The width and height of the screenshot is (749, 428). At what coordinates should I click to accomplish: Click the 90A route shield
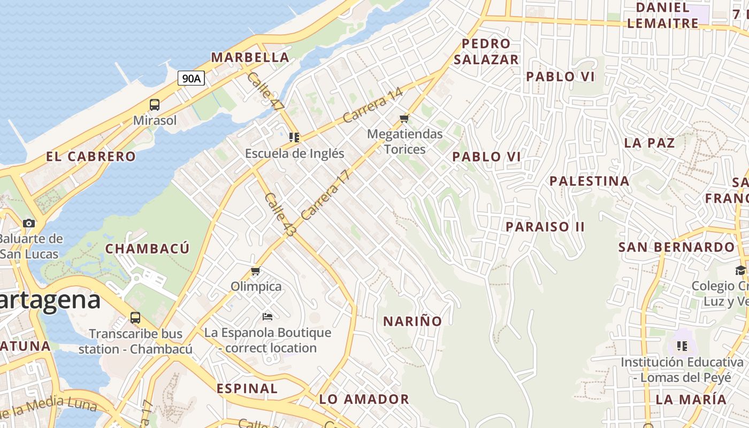[191, 79]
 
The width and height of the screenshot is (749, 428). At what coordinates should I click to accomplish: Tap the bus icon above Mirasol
[155, 105]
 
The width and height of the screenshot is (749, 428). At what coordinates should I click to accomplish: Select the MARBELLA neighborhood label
[250, 57]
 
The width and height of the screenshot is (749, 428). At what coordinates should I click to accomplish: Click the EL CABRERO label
[91, 157]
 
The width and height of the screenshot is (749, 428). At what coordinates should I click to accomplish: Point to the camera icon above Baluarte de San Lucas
[29, 223]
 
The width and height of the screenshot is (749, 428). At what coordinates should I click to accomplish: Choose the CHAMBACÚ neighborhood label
[147, 249]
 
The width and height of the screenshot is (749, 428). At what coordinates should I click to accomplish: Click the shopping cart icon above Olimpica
[256, 271]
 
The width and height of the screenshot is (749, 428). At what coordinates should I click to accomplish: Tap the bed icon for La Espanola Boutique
[267, 317]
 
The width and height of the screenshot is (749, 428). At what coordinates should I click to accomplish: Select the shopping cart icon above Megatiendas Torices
[404, 118]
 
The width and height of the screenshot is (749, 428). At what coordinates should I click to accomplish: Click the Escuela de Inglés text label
[294, 154]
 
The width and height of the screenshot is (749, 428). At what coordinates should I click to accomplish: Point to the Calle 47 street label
[265, 91]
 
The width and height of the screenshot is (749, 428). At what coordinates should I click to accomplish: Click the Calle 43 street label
[280, 215]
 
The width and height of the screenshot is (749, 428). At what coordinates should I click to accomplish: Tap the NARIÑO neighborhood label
[412, 321]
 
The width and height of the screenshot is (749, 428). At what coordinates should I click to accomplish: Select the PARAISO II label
[545, 226]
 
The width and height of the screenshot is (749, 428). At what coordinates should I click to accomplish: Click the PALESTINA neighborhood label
[590, 181]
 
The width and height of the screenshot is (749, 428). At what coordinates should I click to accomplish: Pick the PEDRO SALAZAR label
[486, 51]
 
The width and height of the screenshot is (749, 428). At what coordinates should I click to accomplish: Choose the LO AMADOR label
[364, 399]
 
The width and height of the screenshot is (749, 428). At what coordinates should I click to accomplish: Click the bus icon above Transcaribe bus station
[135, 318]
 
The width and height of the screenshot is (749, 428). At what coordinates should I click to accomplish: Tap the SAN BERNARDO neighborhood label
[677, 247]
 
